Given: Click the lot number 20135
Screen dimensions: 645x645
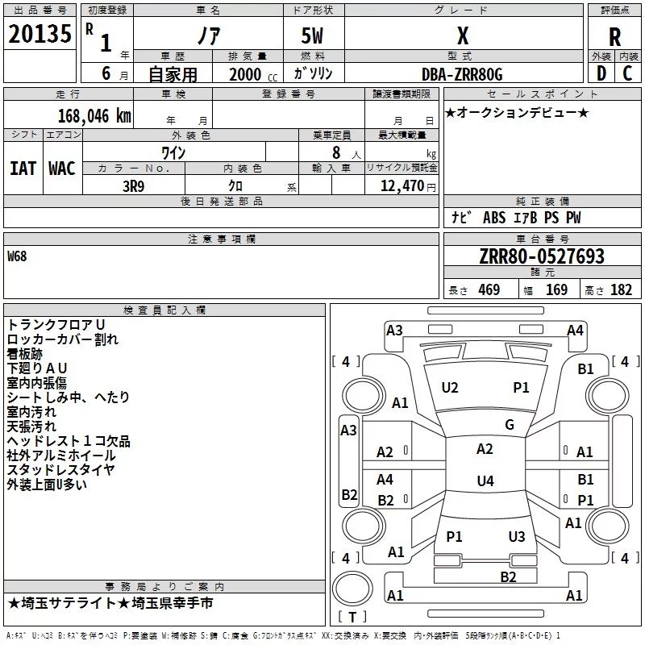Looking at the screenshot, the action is (40, 34).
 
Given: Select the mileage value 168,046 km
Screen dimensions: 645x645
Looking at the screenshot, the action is (94, 116).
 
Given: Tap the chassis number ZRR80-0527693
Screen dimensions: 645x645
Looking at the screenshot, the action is (542, 256).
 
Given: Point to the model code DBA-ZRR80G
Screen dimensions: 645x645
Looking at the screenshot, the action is (462, 74).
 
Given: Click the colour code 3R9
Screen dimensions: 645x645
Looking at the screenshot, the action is (133, 186).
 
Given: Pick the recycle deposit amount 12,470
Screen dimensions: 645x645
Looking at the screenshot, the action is (402, 186).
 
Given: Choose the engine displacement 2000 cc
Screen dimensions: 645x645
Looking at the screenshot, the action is (253, 74).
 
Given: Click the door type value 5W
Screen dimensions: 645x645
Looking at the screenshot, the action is (312, 35).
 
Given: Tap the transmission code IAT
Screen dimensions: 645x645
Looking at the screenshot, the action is (23, 169).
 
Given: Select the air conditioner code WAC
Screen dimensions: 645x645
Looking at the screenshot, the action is (62, 169).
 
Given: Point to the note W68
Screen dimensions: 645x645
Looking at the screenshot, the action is (17, 256).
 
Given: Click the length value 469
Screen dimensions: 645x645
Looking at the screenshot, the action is (489, 289).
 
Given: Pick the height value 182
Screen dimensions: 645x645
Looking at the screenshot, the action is (621, 289).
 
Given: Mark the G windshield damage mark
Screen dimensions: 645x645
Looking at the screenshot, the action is (510, 425).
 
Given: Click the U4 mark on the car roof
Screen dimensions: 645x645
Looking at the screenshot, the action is (485, 481).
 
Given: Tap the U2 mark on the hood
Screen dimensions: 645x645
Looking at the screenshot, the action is (450, 388).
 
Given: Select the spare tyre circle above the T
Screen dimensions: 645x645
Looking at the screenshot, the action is (352, 589).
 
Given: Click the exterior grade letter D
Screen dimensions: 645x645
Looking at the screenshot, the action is (601, 73).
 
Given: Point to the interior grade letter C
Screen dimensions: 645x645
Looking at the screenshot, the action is (627, 73).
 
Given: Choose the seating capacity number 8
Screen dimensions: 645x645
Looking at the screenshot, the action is (336, 152).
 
